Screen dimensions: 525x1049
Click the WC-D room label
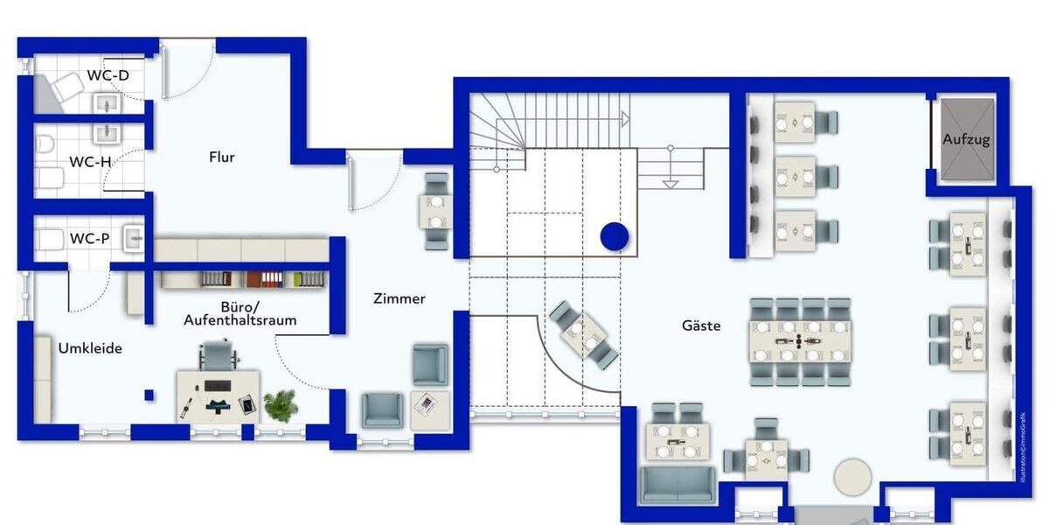pos(108,75)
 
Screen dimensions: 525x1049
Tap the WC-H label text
pos(90,161)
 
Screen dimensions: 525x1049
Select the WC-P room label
pos(90,238)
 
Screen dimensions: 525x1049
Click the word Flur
pos(222,157)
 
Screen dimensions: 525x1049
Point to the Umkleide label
pos(90,348)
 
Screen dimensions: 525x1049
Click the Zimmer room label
pos(399,298)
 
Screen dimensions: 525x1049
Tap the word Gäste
pos(702,325)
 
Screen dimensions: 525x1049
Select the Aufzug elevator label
pos(966,139)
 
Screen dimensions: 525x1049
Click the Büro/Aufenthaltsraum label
pos(240,313)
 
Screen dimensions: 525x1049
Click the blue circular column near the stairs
pos(615,235)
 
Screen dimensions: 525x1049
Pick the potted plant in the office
pos(281,404)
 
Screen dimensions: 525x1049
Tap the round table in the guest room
pos(851,479)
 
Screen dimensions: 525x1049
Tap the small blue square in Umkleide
pos(149,395)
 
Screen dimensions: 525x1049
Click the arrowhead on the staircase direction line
pos(625,117)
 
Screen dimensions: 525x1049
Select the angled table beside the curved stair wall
pos(583,332)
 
